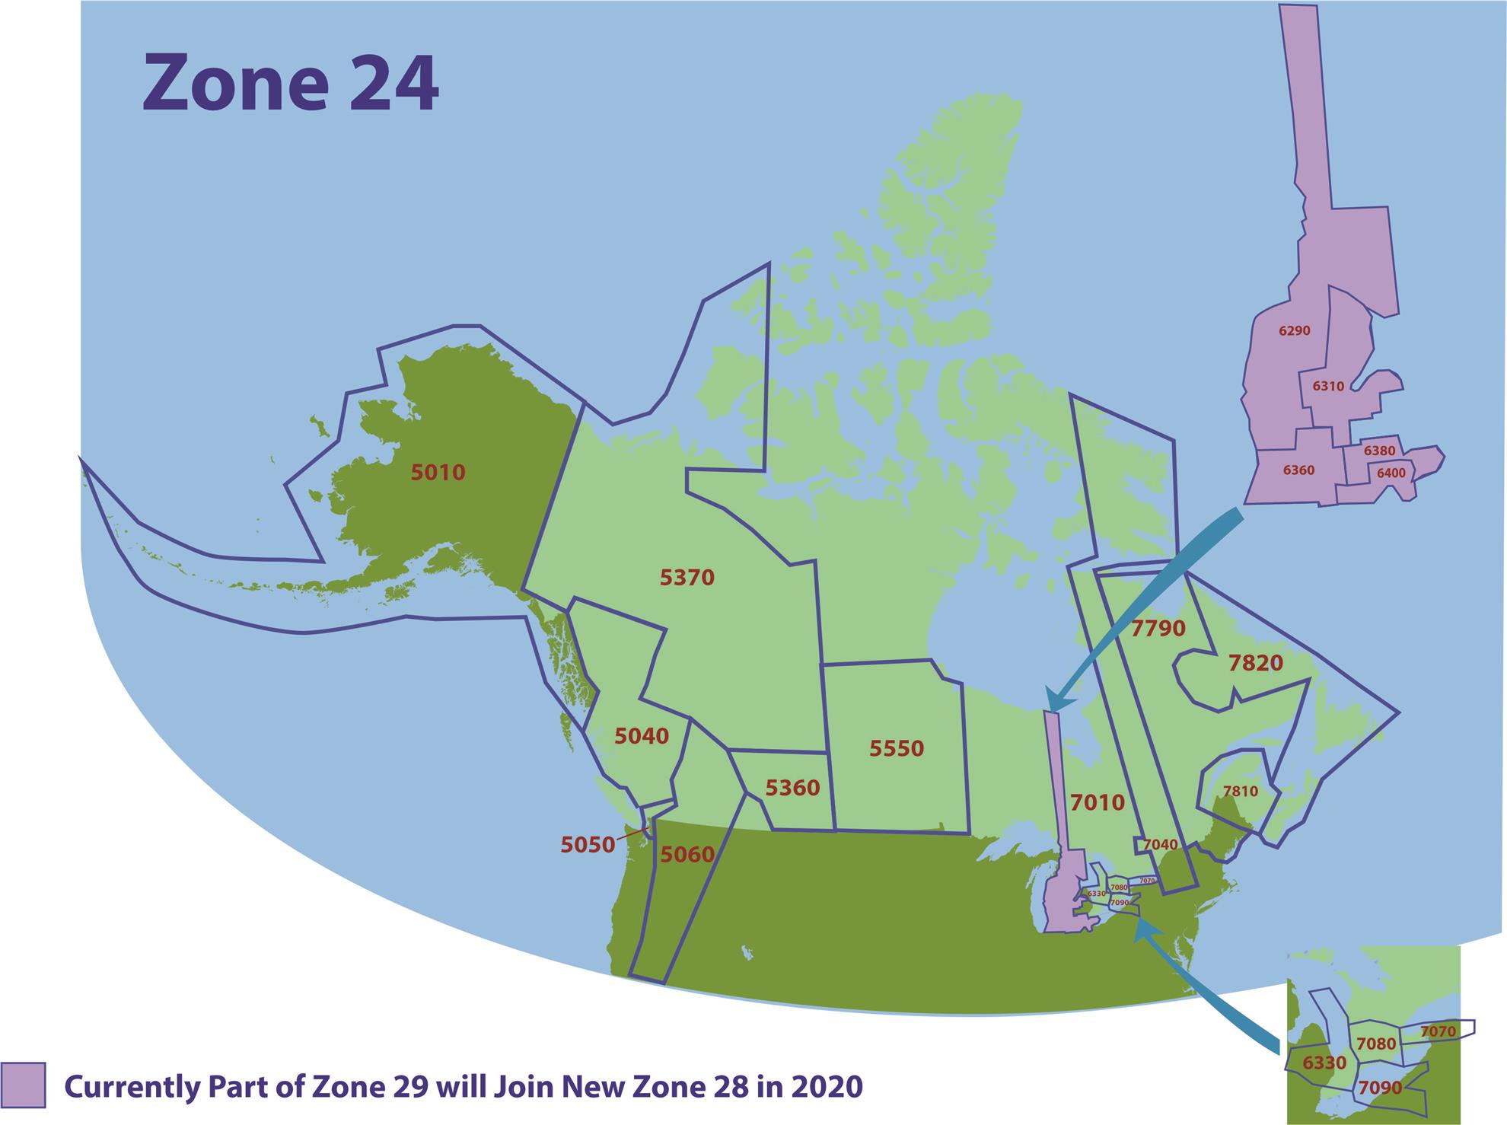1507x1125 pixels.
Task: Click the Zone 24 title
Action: (290, 83)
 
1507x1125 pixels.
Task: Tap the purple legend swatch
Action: (24, 1085)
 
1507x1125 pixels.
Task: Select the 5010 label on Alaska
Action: (438, 473)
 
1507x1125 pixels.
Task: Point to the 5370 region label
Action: (687, 578)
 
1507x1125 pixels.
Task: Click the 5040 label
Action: (642, 736)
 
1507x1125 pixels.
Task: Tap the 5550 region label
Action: (897, 748)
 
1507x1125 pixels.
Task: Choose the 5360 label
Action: (792, 788)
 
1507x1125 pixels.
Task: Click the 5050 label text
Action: (588, 845)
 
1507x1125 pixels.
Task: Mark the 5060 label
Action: (687, 855)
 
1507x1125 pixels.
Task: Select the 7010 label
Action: (1097, 802)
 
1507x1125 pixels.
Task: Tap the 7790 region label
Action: (1158, 629)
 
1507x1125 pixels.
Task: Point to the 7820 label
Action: (1256, 663)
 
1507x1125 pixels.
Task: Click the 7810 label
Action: (1240, 792)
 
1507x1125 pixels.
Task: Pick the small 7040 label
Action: (1160, 845)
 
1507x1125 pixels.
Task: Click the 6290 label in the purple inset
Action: (1294, 331)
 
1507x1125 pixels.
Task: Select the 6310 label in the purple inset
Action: (1328, 386)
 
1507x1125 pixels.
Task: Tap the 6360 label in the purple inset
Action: (1298, 470)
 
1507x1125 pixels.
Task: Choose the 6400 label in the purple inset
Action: (1391, 473)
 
